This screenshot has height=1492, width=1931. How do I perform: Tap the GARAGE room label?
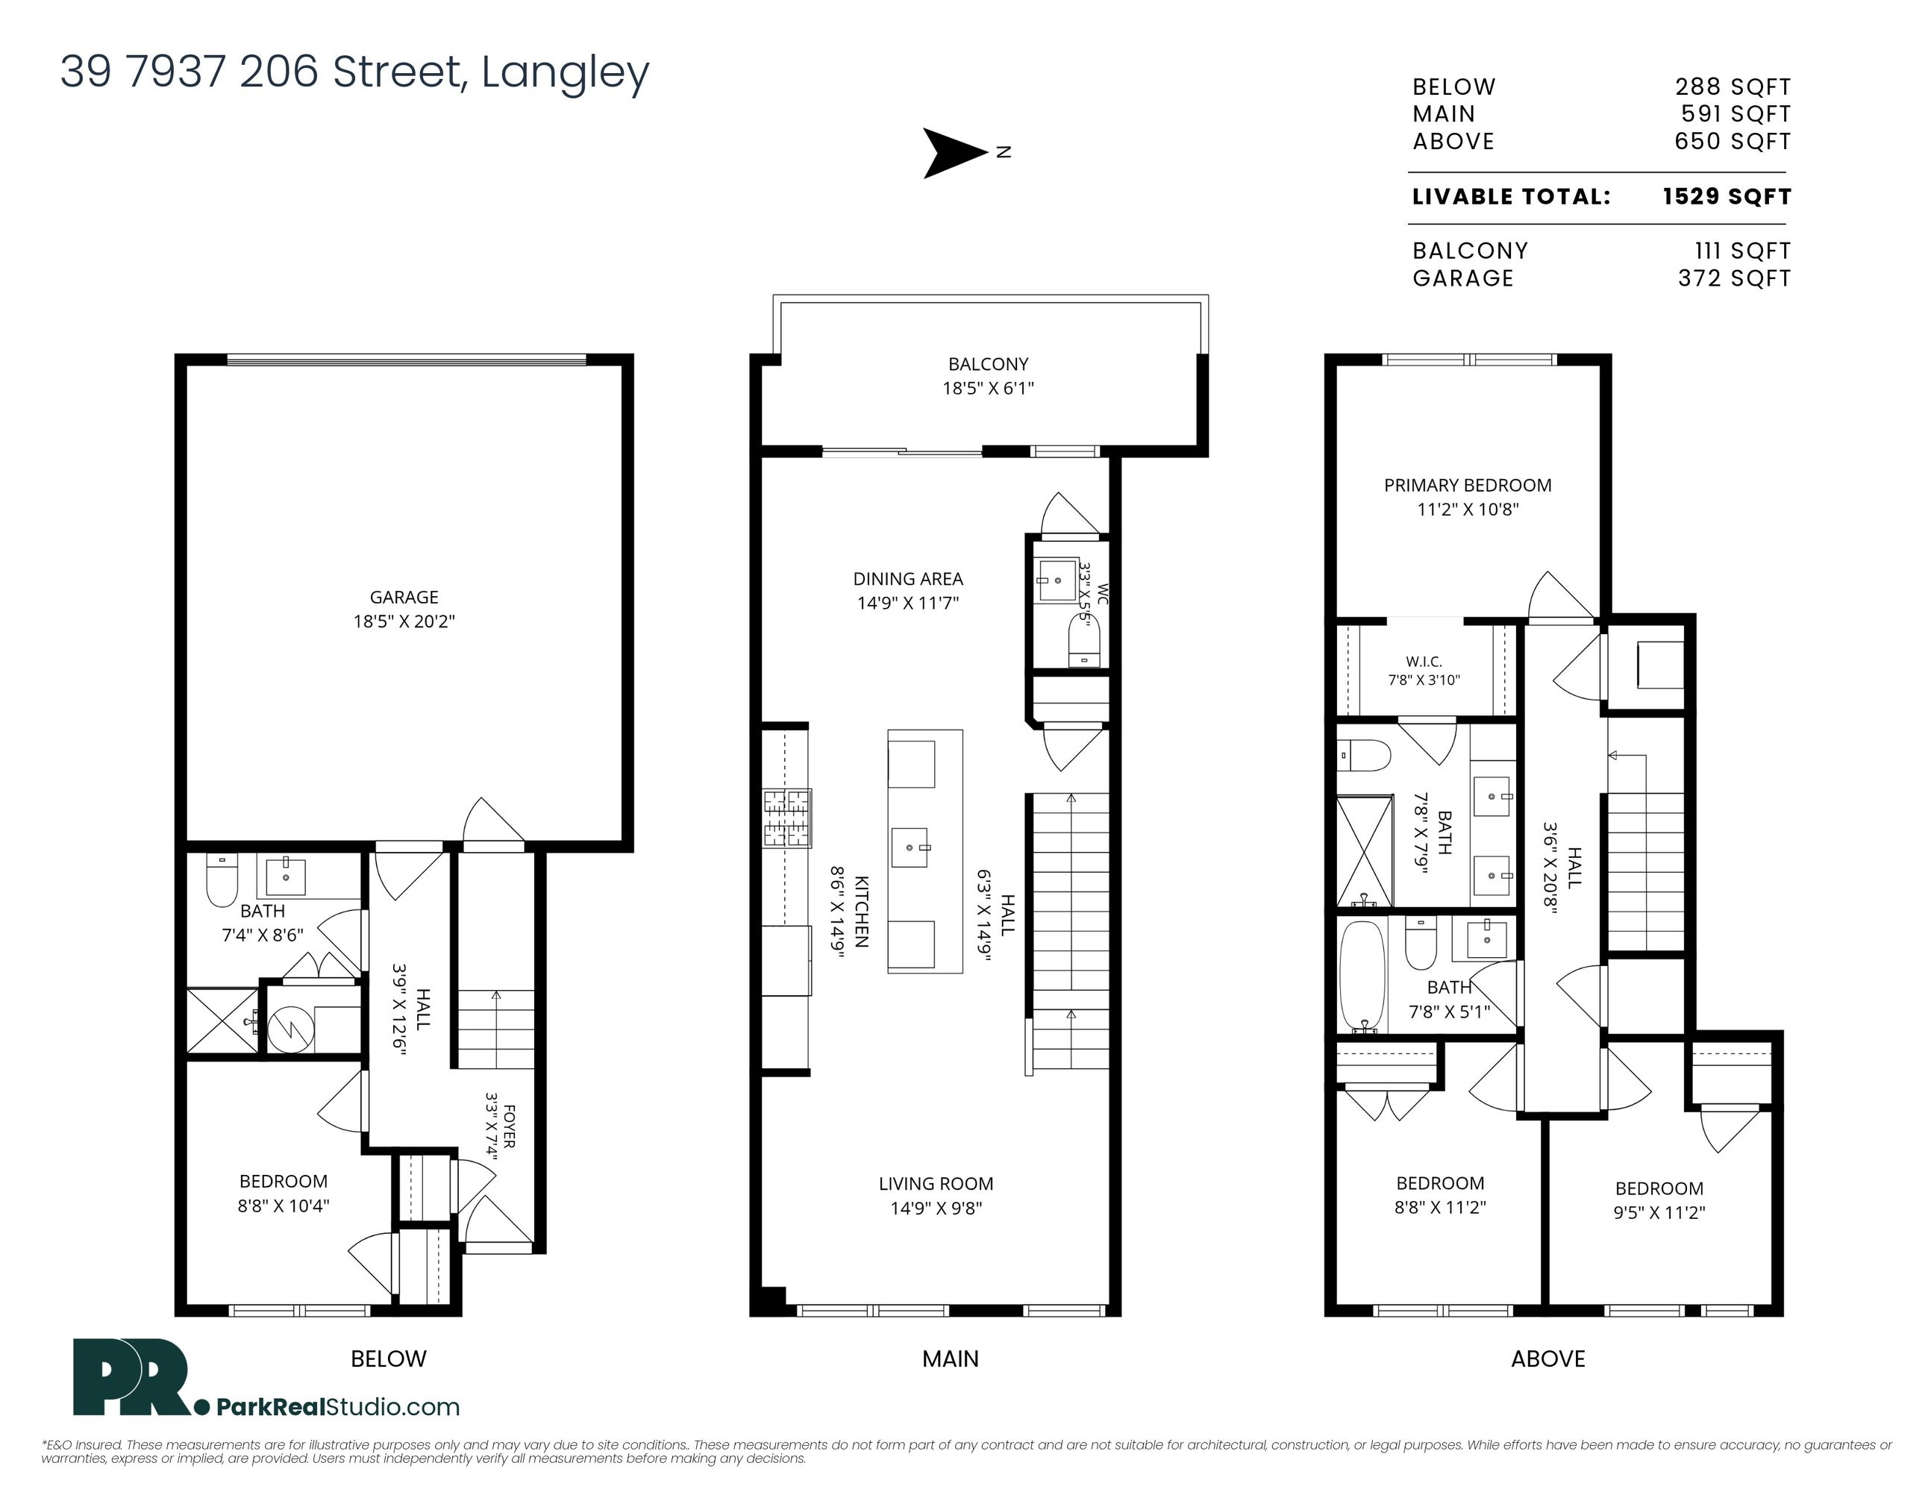(x=404, y=598)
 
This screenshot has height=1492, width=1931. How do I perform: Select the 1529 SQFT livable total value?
(x=1727, y=196)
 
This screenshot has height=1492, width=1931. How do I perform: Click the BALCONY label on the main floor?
(x=989, y=364)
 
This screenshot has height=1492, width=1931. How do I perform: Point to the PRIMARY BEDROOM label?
(x=1468, y=485)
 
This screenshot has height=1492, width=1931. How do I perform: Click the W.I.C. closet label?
(x=1424, y=661)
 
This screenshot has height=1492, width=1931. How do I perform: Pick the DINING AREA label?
(x=908, y=579)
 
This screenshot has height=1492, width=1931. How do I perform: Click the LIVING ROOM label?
(x=936, y=1183)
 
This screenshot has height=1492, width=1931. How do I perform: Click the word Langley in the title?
(x=566, y=72)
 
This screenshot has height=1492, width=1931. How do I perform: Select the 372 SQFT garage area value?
(x=1735, y=278)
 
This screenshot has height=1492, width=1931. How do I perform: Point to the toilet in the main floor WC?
(x=1084, y=641)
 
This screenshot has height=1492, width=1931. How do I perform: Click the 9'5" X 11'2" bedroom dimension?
(x=1659, y=1213)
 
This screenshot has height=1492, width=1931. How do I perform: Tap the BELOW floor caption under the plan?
(x=389, y=1358)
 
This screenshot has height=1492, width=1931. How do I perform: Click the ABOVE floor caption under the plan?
(x=1548, y=1358)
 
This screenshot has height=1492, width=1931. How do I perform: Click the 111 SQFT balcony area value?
(x=1743, y=251)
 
